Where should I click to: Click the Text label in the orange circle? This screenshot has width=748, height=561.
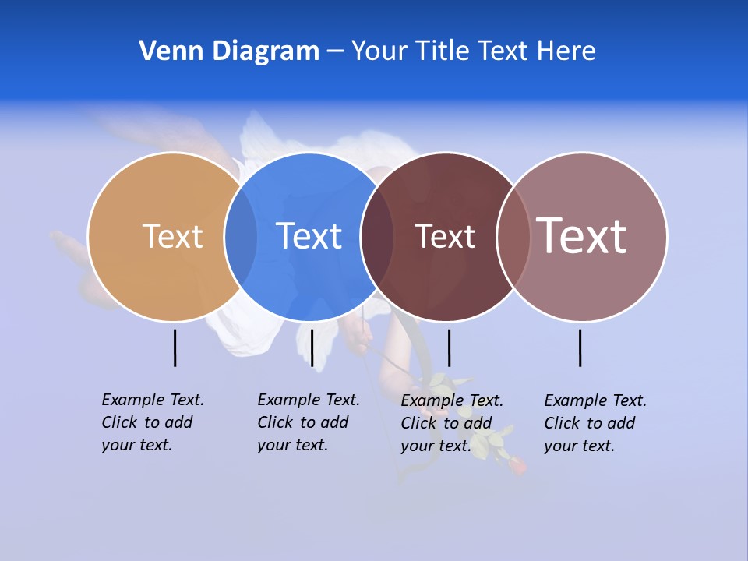coord(172,236)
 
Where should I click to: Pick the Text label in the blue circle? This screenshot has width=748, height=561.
coord(309,236)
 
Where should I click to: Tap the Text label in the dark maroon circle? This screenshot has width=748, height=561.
coord(445,236)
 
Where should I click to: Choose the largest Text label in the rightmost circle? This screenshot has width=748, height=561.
coord(582,236)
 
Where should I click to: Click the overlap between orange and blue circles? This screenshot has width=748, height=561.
coord(241,236)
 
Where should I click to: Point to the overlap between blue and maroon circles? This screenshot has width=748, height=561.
coord(377,236)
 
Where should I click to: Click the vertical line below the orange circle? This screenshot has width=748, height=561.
coord(175,348)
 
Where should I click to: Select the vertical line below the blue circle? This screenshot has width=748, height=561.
coord(312,348)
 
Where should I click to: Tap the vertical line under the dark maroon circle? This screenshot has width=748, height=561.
coord(449,348)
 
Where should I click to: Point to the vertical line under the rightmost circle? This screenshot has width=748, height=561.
coord(580,348)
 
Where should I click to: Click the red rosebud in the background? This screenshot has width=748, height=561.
coord(517,465)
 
